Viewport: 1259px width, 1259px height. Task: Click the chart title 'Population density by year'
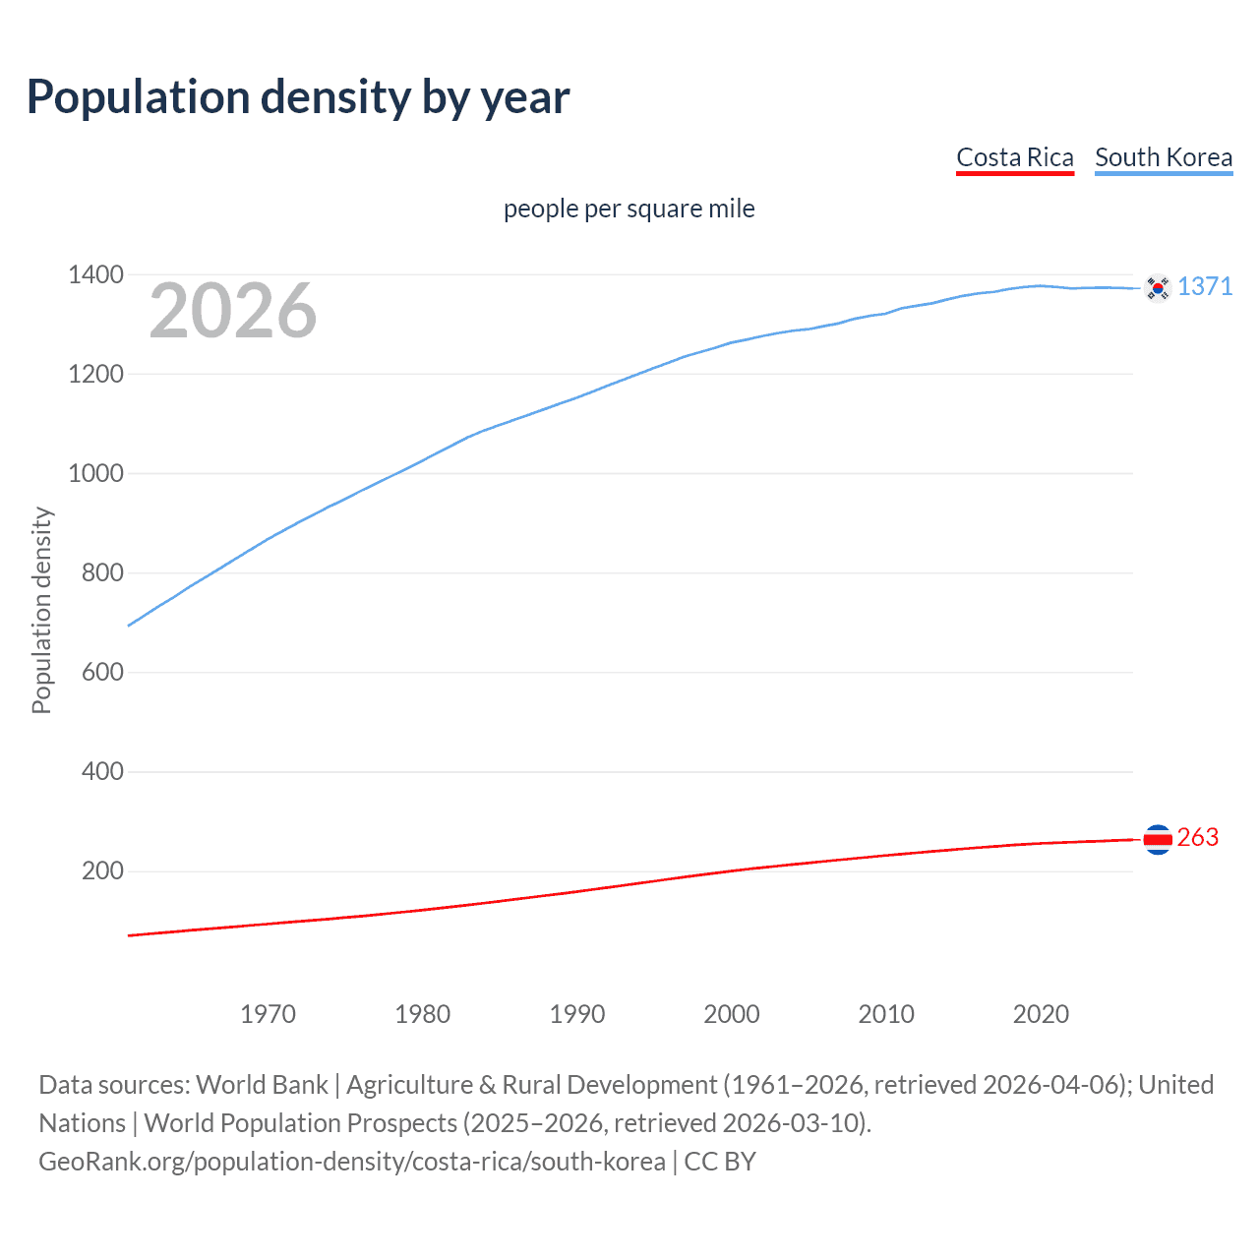point(298,97)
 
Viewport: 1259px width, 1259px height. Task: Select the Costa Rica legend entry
point(1014,157)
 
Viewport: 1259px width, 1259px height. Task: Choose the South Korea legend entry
point(1163,157)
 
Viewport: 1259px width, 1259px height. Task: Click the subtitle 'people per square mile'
point(629,209)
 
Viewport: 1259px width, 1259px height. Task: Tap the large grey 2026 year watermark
point(233,311)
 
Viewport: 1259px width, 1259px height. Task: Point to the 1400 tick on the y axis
point(95,274)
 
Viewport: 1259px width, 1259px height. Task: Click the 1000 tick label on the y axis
point(95,473)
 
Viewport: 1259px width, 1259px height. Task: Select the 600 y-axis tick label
point(102,672)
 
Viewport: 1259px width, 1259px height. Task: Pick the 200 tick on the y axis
point(102,870)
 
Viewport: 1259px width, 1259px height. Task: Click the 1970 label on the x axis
point(268,1014)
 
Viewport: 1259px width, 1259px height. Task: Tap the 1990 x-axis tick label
point(577,1014)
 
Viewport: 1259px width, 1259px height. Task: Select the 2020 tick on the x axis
point(1041,1014)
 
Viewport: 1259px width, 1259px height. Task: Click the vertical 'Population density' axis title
point(41,610)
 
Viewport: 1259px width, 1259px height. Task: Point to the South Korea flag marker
point(1158,288)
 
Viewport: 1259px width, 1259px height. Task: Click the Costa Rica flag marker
point(1158,839)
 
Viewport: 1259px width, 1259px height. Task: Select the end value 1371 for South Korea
point(1205,286)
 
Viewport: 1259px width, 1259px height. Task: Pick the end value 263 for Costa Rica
point(1197,837)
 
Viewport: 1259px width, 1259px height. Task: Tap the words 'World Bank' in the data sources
point(262,1085)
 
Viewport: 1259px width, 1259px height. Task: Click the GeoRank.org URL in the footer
point(352,1162)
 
